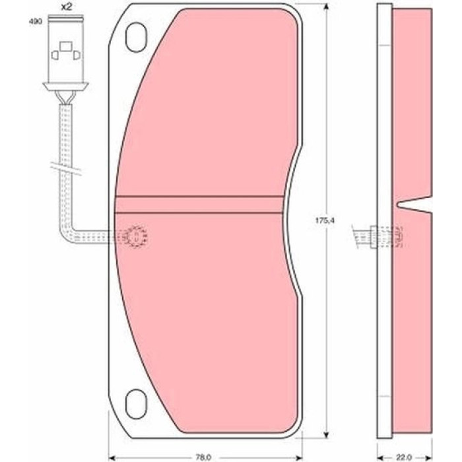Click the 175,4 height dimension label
click(325, 220)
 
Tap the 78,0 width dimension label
click(203, 457)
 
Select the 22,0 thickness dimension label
click(404, 457)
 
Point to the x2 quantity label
click(66, 7)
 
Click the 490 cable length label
click(36, 22)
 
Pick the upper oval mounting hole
click(136, 37)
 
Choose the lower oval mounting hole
click(136, 404)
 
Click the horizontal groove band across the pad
click(199, 204)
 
